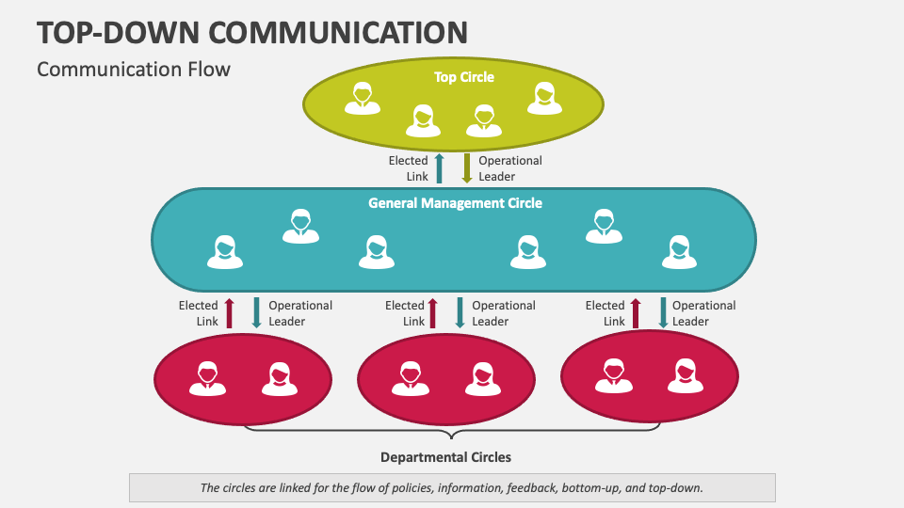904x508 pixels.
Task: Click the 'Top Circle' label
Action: [463, 77]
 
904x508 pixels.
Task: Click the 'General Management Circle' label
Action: [455, 202]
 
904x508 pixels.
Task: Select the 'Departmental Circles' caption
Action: [445, 457]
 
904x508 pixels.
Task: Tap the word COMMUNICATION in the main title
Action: [338, 32]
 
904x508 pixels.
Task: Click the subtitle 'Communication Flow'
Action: [133, 69]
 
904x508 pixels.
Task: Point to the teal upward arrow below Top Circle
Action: [439, 168]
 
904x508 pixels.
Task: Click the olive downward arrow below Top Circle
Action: [466, 168]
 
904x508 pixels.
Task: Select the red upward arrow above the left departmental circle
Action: [229, 313]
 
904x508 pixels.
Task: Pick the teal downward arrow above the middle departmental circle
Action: [460, 313]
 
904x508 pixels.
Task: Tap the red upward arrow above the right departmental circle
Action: [636, 313]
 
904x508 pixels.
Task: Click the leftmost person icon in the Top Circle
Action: [362, 99]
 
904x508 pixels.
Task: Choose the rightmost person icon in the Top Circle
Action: [543, 99]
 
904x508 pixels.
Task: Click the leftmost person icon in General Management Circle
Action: [225, 252]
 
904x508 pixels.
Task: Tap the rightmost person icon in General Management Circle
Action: [677, 252]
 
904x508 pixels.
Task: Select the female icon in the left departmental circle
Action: [278, 378]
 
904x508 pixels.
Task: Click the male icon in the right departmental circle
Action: [613, 376]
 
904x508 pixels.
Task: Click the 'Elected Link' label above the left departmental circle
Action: [199, 313]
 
